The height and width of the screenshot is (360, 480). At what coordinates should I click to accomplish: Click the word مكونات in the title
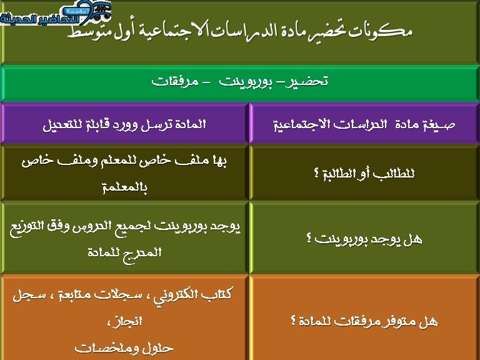tap(384, 30)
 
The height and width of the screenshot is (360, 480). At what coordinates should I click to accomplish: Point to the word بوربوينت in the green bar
tap(244, 82)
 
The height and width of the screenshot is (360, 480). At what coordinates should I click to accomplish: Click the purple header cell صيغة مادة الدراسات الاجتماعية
tap(365, 125)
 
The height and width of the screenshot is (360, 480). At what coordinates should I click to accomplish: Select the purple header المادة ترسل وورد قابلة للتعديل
tap(125, 124)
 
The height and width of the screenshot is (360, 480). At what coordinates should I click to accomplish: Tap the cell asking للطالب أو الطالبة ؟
tap(365, 173)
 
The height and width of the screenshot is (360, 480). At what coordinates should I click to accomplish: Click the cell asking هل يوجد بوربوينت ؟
tap(365, 238)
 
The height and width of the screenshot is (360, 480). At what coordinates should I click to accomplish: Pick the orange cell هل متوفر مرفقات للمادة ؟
tap(365, 321)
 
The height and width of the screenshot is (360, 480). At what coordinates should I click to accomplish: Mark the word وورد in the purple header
tap(109, 124)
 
